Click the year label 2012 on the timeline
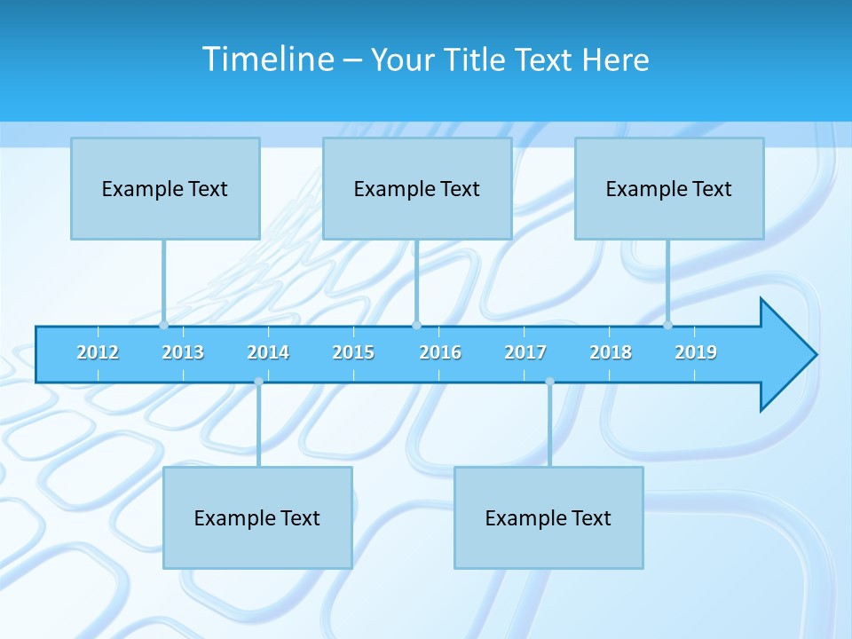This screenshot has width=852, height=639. coord(98,352)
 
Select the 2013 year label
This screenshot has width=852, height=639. coord(183,352)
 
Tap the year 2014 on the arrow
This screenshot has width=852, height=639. coord(268,352)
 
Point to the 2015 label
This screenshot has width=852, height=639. coord(353,352)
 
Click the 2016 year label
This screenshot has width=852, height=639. coord(440,352)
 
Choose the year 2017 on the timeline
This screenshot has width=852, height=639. coord(525,352)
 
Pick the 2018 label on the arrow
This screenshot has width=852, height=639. coord(611,352)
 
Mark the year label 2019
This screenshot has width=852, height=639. coord(696,352)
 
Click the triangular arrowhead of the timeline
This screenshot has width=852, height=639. coord(785,355)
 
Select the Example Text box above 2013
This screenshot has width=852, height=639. coord(165,188)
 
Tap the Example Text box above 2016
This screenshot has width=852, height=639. coord(417,188)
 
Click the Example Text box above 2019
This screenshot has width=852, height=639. coord(669,188)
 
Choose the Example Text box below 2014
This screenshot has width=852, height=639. coord(257,517)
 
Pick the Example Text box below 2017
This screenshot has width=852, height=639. coord(548,517)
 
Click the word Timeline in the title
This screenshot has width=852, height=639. coord(267,59)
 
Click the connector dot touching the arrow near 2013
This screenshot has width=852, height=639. coord(163,325)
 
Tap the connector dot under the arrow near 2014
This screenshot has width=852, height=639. coord(258,382)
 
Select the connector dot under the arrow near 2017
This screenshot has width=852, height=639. coord(549,382)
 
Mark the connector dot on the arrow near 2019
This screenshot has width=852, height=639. coord(667,325)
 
